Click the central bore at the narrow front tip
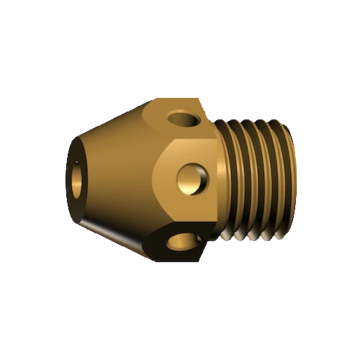pos(75,180)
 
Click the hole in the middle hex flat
pos(192,176)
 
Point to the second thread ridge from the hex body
pos(245,180)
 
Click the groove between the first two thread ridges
pos(237,180)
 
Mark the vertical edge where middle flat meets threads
pos(218,180)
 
